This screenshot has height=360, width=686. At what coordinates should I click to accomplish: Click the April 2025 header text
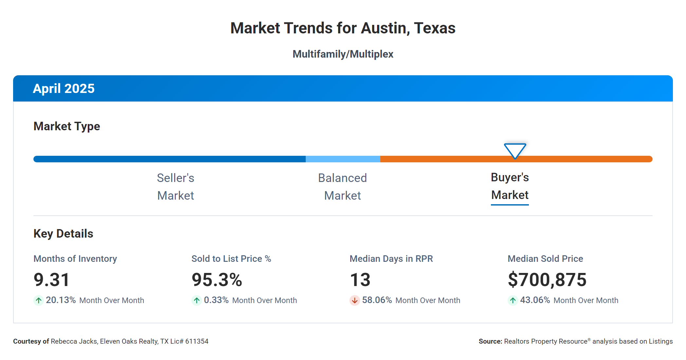(x=63, y=88)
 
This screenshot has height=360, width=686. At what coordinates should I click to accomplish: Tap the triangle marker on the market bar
(x=515, y=150)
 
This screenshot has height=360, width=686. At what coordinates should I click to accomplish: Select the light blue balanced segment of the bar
(x=343, y=159)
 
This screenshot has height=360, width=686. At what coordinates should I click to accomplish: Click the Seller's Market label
(x=175, y=187)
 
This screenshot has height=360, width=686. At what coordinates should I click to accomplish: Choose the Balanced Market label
(x=342, y=187)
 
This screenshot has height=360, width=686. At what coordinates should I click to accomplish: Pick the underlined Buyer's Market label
(x=510, y=186)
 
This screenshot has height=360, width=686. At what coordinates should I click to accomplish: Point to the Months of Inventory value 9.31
(x=52, y=280)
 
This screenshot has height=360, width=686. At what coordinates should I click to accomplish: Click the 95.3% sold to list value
(x=217, y=280)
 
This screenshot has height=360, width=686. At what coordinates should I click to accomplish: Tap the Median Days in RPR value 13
(x=360, y=280)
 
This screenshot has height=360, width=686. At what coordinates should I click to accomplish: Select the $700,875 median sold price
(x=547, y=280)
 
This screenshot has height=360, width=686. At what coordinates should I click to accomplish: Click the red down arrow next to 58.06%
(x=354, y=300)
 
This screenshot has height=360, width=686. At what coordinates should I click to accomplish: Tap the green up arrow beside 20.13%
(x=39, y=300)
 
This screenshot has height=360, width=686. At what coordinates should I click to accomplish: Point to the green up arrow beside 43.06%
(x=513, y=300)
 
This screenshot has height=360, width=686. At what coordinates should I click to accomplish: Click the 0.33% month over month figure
(x=216, y=300)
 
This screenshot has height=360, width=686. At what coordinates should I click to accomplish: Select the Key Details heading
(x=63, y=234)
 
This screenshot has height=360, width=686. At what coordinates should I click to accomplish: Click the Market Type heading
(x=66, y=126)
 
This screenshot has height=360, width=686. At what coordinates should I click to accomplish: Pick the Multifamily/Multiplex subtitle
(x=343, y=54)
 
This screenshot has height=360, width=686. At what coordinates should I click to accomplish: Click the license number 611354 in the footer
(x=197, y=341)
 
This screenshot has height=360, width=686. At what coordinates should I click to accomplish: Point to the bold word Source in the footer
(x=490, y=341)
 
